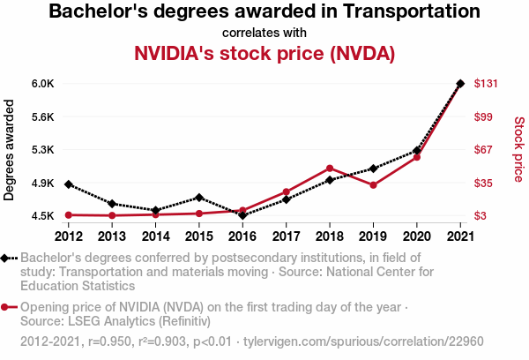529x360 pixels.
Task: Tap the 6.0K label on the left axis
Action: (x=43, y=84)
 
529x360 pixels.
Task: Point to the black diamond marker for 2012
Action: (x=68, y=184)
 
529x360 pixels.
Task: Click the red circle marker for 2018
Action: (x=329, y=168)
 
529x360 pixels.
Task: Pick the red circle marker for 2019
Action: (x=373, y=184)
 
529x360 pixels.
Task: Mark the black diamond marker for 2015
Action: (x=199, y=198)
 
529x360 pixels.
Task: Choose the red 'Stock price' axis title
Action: (x=518, y=149)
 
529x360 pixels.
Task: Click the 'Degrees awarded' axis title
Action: (x=10, y=149)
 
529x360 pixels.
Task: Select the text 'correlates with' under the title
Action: (x=264, y=33)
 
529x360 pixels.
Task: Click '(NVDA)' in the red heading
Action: (x=361, y=53)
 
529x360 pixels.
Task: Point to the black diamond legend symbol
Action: (x=6, y=258)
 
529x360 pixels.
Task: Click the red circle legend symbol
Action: (x=6, y=308)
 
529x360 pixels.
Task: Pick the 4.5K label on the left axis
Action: (x=43, y=216)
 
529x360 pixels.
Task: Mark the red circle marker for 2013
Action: (x=112, y=215)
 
